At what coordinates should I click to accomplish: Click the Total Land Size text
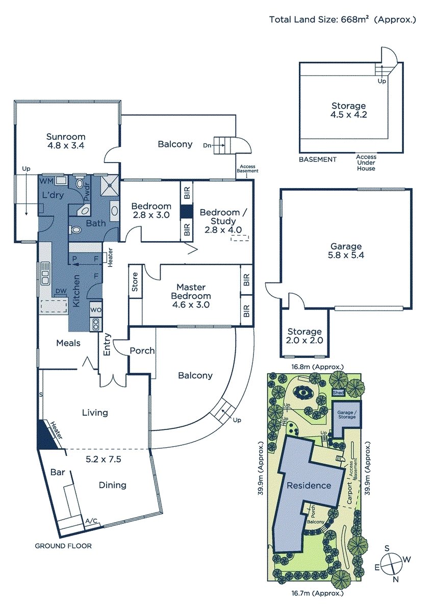pyautogui.click(x=343, y=20)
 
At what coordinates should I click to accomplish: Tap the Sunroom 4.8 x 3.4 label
pyautogui.click(x=66, y=141)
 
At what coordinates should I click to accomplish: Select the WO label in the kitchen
pyautogui.click(x=95, y=310)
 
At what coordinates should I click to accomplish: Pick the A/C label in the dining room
pyautogui.click(x=92, y=521)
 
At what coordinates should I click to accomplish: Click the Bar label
pyautogui.click(x=58, y=472)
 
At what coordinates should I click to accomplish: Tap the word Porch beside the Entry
pyautogui.click(x=142, y=351)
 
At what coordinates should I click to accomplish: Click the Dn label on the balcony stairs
pyautogui.click(x=207, y=145)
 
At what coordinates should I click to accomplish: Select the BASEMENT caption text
pyautogui.click(x=318, y=159)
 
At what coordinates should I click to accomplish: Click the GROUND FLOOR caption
pyautogui.click(x=63, y=546)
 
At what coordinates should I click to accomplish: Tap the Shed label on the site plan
pyautogui.click(x=338, y=393)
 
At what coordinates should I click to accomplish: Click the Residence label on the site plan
pyautogui.click(x=309, y=485)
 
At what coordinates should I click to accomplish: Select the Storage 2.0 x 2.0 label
pyautogui.click(x=304, y=336)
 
